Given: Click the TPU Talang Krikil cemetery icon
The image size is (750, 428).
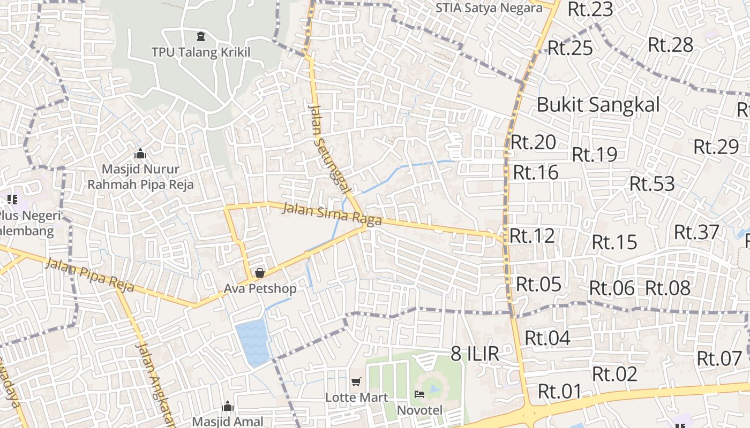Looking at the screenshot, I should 201,36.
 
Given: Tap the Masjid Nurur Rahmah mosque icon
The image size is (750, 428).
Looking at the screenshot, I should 140,154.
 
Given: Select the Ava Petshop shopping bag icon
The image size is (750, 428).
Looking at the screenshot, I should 260,273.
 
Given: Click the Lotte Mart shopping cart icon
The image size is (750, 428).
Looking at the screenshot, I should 356,381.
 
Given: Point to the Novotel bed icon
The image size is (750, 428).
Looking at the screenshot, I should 419,394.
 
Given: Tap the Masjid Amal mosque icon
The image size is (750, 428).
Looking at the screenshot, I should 228,406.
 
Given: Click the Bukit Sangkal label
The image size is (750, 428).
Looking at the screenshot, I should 598,104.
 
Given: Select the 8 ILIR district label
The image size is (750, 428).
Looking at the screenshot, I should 475,353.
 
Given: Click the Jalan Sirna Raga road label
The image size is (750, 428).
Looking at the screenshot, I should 332,213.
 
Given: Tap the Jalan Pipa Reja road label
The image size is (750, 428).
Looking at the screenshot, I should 89,274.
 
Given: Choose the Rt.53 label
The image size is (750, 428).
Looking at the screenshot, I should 652,184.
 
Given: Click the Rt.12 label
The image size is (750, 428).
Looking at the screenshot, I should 532,235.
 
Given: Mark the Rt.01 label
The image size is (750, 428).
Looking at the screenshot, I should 560,391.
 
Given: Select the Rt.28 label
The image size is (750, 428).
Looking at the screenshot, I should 671,44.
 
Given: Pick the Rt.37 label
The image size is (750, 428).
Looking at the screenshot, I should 696,232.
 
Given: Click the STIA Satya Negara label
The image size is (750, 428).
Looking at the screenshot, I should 489,8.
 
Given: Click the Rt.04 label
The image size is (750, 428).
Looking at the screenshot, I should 547,338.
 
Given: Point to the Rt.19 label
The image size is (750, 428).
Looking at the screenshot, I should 595,154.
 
